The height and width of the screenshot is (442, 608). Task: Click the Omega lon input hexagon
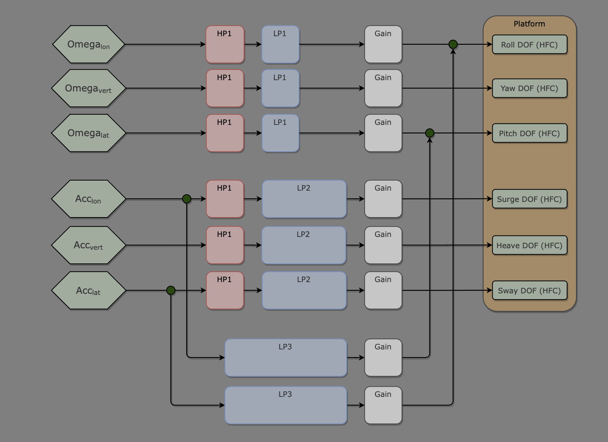tap(89, 44)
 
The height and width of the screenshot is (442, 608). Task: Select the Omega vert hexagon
tap(89, 88)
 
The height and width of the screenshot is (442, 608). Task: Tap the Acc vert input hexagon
tap(89, 245)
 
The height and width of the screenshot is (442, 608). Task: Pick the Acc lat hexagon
tap(89, 290)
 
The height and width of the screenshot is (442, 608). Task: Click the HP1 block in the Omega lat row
tap(225, 133)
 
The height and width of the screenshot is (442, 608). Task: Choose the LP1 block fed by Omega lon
tap(280, 44)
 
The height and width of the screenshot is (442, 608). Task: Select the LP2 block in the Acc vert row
tap(304, 245)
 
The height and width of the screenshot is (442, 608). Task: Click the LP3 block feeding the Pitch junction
tap(286, 358)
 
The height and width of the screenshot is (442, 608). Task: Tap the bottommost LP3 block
tap(286, 405)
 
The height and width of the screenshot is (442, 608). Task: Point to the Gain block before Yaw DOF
tap(383, 88)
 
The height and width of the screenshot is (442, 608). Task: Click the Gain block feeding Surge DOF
tap(383, 199)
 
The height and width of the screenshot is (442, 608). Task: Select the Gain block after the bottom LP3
tap(383, 405)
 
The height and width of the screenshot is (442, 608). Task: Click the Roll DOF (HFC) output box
tap(529, 44)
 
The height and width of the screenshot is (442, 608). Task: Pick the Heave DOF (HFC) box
tap(529, 246)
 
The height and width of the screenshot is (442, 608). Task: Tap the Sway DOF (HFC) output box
tap(529, 291)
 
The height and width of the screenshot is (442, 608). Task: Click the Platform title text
tap(529, 24)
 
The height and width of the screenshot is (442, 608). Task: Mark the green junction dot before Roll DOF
tap(453, 44)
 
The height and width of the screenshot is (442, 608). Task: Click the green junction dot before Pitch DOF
tap(430, 133)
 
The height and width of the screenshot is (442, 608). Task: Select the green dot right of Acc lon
tap(187, 199)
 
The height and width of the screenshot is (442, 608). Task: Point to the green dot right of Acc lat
tap(171, 290)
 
